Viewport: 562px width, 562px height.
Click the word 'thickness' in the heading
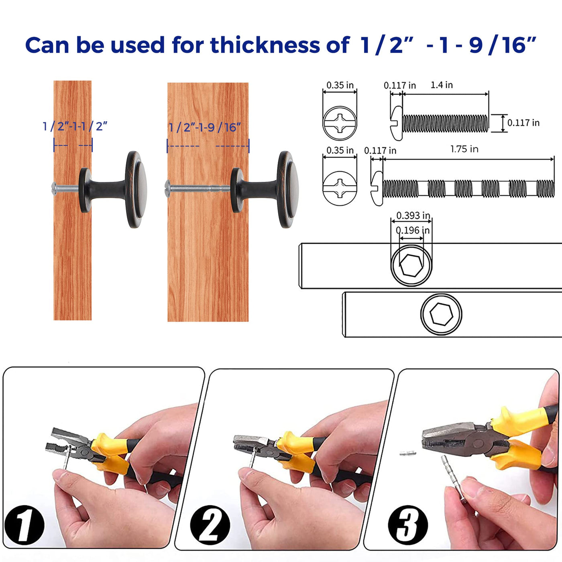(x=265, y=45)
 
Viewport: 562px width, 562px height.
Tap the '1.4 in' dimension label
(x=442, y=85)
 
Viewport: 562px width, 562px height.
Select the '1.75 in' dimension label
(x=464, y=149)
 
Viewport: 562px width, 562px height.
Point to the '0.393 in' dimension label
(x=413, y=216)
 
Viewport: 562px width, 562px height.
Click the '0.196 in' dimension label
(x=412, y=230)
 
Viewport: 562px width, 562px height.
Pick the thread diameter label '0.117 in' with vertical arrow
(x=523, y=123)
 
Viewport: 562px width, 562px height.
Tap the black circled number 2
(x=210, y=525)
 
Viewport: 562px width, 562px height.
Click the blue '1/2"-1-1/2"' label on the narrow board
(x=75, y=126)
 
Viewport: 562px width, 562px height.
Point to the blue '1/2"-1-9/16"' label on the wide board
(x=205, y=127)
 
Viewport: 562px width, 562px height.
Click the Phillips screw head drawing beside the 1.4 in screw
(x=340, y=123)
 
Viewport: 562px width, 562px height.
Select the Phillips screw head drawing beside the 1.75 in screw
(x=340, y=188)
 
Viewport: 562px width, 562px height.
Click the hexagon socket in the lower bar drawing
(x=441, y=314)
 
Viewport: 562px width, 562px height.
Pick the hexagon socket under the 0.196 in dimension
(x=411, y=265)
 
